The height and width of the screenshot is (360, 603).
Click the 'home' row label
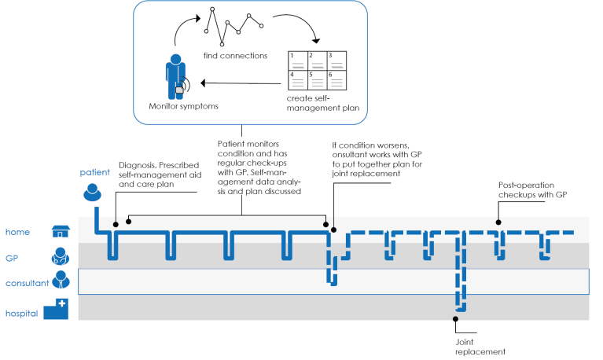click(17, 232)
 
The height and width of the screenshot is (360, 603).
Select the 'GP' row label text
click(12, 257)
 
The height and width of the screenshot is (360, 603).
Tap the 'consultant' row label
click(27, 283)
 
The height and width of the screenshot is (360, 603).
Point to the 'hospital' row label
click(21, 314)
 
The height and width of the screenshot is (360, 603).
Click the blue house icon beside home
click(60, 231)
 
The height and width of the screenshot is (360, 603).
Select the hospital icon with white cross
click(56, 310)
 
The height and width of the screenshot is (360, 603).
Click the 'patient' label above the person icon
click(94, 171)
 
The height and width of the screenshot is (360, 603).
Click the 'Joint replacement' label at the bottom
click(480, 347)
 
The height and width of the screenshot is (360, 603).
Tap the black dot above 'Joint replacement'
click(454, 318)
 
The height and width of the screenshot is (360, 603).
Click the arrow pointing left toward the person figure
click(236, 82)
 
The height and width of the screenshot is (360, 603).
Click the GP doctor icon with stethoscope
click(60, 256)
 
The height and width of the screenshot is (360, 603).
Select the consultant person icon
click(61, 281)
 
